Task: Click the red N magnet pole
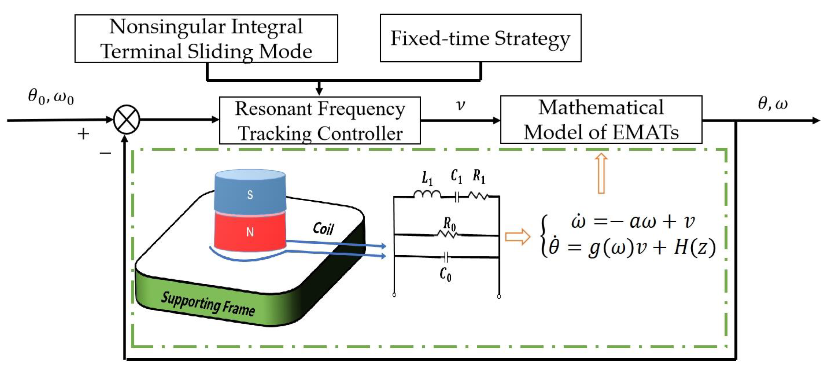pyautogui.click(x=250, y=231)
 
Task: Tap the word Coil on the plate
pyautogui.click(x=323, y=229)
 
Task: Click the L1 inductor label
pyautogui.click(x=427, y=178)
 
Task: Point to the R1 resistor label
pyautogui.click(x=479, y=177)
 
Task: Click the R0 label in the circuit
pyautogui.click(x=449, y=224)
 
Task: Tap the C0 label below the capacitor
pyautogui.click(x=445, y=274)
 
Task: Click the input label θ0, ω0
pyautogui.click(x=51, y=97)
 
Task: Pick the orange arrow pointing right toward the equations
pyautogui.click(x=518, y=237)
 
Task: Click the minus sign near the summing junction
pyautogui.click(x=105, y=153)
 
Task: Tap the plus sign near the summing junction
pyautogui.click(x=83, y=134)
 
